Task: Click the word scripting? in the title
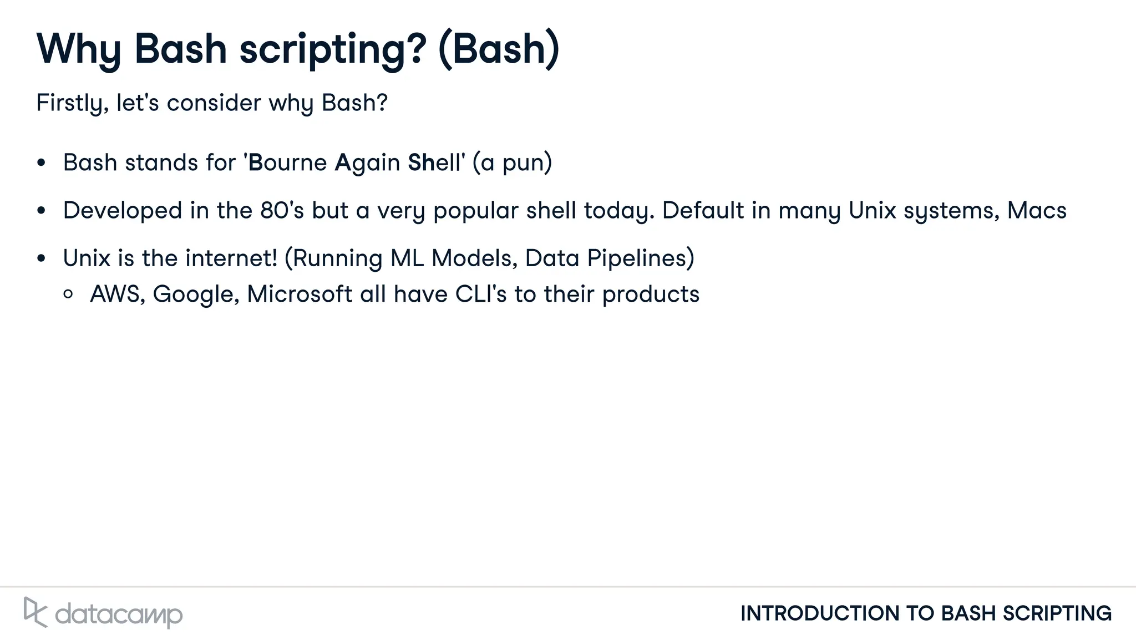click(333, 50)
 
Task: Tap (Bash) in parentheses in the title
click(499, 50)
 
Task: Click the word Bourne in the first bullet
click(287, 162)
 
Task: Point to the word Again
click(367, 162)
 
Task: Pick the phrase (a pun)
click(512, 162)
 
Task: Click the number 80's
click(282, 211)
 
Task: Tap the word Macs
click(1036, 211)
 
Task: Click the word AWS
click(117, 294)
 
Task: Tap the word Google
click(195, 294)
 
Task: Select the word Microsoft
click(299, 294)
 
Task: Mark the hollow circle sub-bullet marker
click(68, 294)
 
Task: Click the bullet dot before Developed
click(41, 211)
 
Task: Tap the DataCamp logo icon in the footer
click(35, 612)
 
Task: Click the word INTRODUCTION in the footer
click(819, 613)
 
